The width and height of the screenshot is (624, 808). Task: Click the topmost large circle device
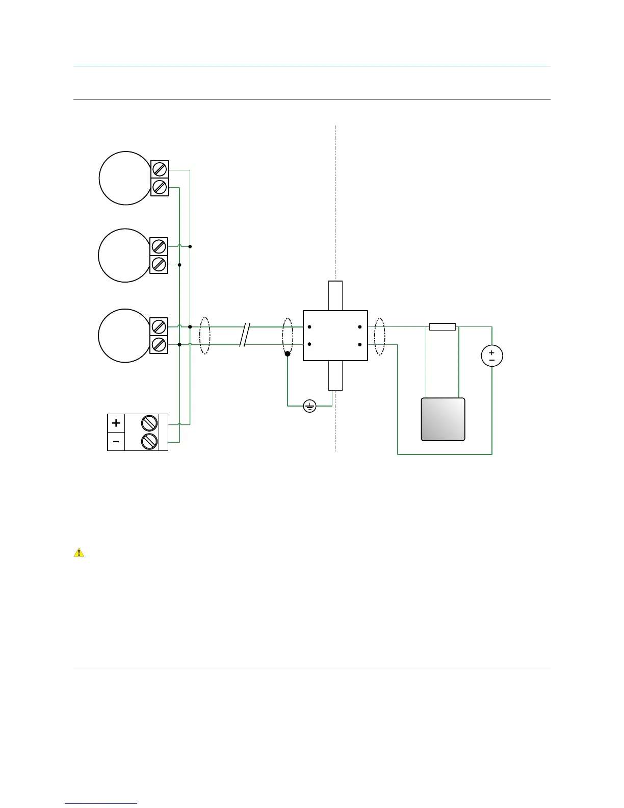coord(125,178)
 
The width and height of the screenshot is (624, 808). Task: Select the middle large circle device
coord(125,255)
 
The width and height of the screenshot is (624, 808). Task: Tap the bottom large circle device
coord(125,336)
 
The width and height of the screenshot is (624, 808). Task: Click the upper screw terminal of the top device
coord(160,169)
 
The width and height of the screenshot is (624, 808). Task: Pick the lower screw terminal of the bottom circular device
coord(159,344)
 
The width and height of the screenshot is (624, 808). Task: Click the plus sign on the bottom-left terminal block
coord(116,423)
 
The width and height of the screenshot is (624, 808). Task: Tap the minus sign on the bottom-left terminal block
coord(116,441)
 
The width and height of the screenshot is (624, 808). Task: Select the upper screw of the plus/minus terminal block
coord(148,423)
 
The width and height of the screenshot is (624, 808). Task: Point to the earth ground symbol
coord(310,406)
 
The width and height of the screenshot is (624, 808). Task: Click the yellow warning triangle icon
coord(79,552)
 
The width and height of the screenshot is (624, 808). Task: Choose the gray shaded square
coord(443,419)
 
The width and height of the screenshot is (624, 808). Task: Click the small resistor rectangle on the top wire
coord(443,326)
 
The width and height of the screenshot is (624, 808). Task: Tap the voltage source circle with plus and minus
coord(492,356)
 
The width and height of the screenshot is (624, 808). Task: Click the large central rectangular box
coord(335,336)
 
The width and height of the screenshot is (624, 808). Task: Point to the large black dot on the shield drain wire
coord(288,353)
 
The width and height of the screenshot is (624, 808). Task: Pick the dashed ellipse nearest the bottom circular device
coord(204,336)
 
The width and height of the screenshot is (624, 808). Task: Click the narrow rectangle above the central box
coord(335,295)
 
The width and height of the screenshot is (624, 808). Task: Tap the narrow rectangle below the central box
coord(335,376)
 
